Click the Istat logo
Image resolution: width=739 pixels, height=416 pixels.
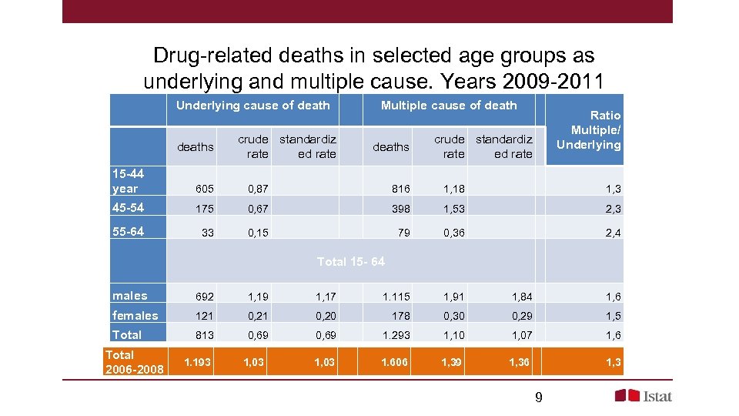pyautogui.click(x=643, y=396)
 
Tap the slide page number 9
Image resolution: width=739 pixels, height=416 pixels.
pyautogui.click(x=538, y=398)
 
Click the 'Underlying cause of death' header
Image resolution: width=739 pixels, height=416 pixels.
pyautogui.click(x=252, y=106)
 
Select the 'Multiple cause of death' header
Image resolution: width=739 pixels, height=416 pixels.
pyautogui.click(x=449, y=106)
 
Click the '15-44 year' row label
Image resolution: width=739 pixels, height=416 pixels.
pyautogui.click(x=128, y=181)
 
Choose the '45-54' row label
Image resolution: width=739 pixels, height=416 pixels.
pyautogui.click(x=128, y=208)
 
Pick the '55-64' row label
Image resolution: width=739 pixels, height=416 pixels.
pyautogui.click(x=128, y=231)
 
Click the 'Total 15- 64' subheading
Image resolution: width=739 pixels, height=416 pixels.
pyautogui.click(x=350, y=262)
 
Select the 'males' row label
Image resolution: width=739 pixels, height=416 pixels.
pyautogui.click(x=129, y=296)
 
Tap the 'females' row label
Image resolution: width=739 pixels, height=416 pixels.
pyautogui.click(x=135, y=316)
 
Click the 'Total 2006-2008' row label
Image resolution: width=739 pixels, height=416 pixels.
pyautogui.click(x=134, y=362)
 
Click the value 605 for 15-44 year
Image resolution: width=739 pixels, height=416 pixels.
pyautogui.click(x=204, y=190)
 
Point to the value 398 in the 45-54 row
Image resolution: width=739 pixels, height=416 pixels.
pyautogui.click(x=400, y=210)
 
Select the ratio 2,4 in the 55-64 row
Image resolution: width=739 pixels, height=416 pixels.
pyautogui.click(x=613, y=233)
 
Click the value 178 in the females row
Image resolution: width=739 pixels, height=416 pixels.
pyautogui.click(x=400, y=316)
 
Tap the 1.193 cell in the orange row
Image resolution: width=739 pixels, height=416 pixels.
pyautogui.click(x=199, y=362)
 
